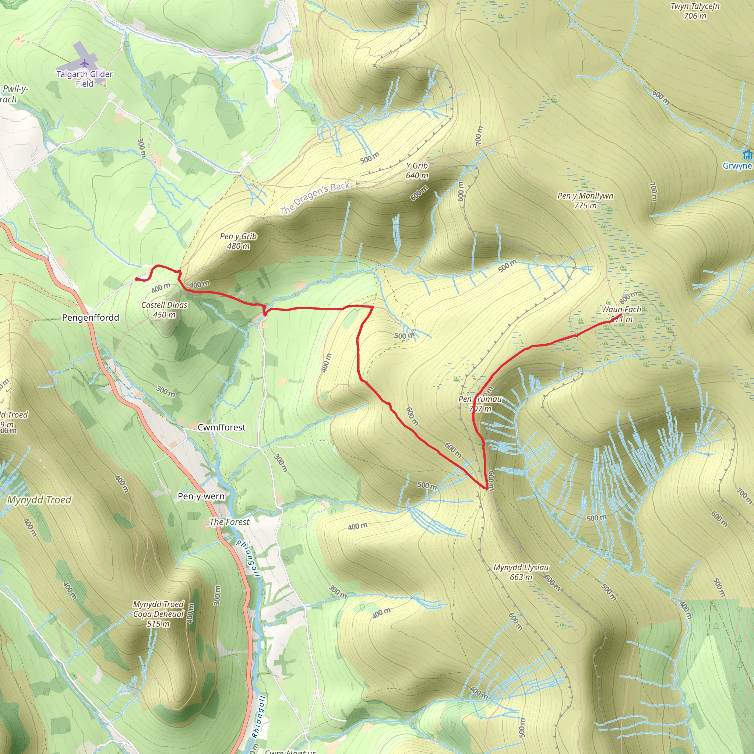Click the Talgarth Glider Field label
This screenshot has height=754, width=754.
pos(84,79)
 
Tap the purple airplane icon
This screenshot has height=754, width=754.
pos(85,63)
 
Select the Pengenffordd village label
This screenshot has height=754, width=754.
pos(91,318)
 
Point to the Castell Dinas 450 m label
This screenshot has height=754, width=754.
pos(164,310)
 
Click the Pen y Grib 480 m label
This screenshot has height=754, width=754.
pos(238,241)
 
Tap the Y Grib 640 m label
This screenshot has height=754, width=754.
pos(417,170)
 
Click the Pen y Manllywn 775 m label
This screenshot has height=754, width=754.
pos(585,201)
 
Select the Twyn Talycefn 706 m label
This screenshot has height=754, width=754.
pos(695,11)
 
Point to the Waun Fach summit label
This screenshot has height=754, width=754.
pos(621,314)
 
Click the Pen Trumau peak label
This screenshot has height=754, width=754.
pos(480,404)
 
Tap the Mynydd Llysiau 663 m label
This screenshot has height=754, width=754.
pos(521,572)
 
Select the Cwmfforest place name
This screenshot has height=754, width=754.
pos(222,427)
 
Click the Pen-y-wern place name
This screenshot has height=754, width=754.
pos(201,496)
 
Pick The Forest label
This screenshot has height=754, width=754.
pos(229,522)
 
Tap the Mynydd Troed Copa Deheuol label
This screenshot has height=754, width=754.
pos(158,614)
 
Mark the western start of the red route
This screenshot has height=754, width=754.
pos(136,279)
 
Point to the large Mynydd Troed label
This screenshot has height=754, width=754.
pos(39,500)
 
